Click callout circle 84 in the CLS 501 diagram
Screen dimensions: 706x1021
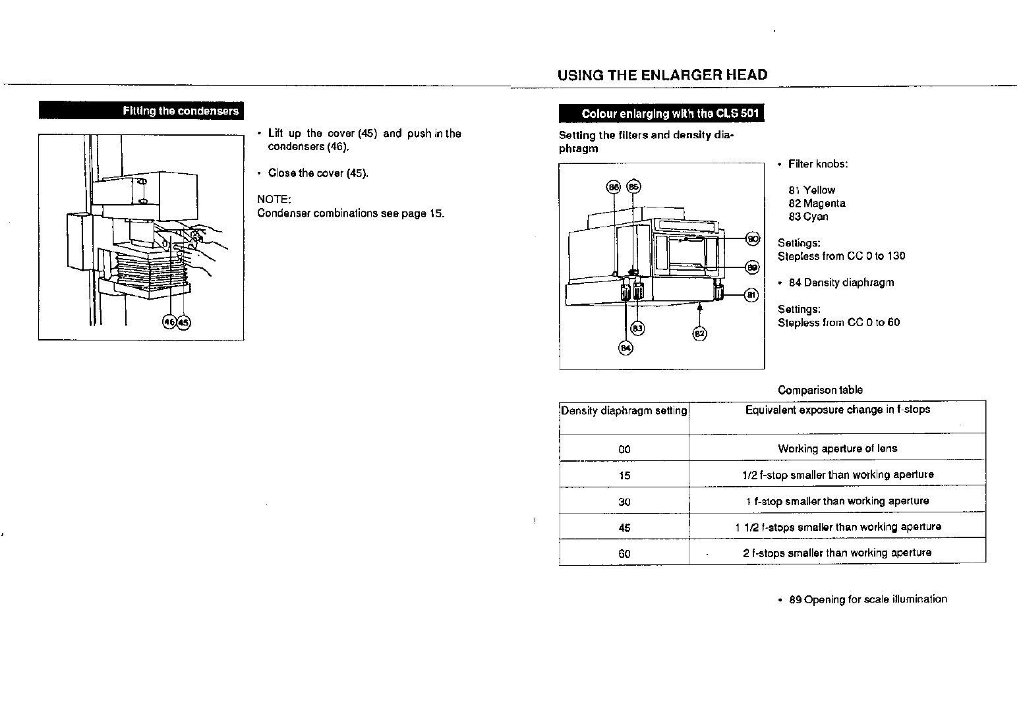[x=625, y=348]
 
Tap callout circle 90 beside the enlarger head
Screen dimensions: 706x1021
[x=752, y=238]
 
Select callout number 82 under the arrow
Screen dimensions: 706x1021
[x=699, y=333]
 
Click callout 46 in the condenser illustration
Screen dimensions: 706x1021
[x=169, y=322]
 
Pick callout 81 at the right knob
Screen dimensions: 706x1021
[x=751, y=295]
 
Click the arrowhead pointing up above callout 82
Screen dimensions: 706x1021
[x=699, y=307]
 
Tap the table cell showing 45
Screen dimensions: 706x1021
[x=624, y=528]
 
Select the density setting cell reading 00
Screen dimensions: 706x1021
[x=624, y=449]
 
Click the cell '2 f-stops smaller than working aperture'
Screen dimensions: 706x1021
[x=837, y=553]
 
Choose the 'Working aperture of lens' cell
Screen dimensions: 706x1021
[x=837, y=448]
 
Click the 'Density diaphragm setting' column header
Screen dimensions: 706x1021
[x=624, y=411]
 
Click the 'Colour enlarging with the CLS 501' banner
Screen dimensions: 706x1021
[x=661, y=114]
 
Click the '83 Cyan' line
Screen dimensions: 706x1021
[x=808, y=217]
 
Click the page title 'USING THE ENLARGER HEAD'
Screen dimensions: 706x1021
[x=662, y=75]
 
